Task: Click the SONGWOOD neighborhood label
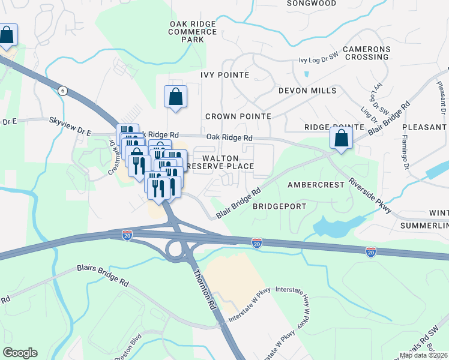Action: [311, 3]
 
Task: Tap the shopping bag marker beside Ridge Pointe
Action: [341, 139]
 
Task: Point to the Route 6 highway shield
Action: [62, 90]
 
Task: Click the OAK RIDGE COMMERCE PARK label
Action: [193, 31]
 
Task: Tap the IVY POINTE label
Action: [225, 74]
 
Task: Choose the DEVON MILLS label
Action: [307, 91]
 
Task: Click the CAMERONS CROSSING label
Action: [366, 53]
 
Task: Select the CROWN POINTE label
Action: [238, 116]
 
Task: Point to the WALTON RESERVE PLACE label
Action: [221, 161]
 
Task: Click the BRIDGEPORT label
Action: [279, 206]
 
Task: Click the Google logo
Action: [20, 353]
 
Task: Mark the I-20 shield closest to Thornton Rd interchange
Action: [127, 234]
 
